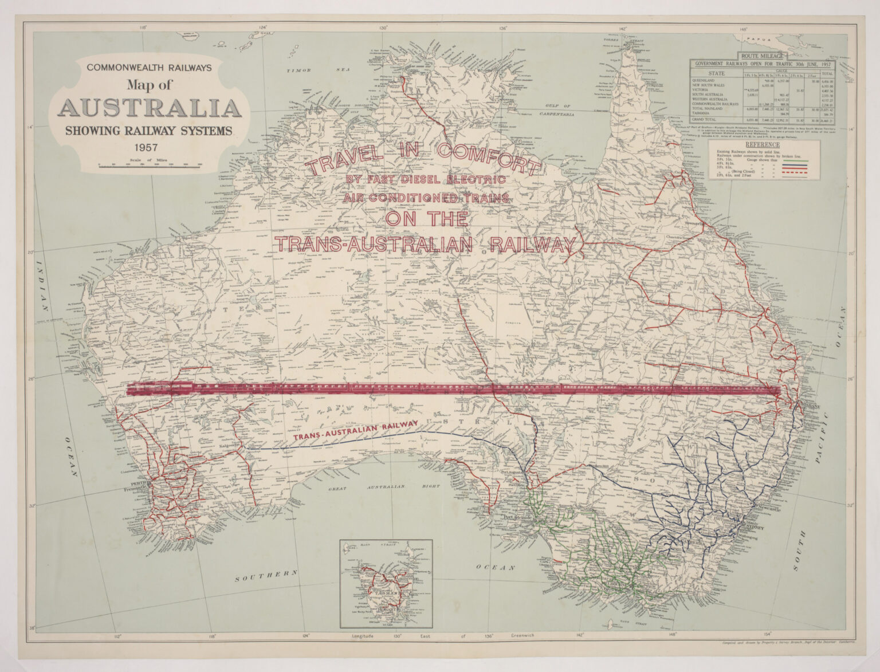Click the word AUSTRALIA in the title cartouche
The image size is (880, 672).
[150, 108]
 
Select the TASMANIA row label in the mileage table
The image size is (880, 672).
[704, 113]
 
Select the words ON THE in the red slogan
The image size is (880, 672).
[426, 219]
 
